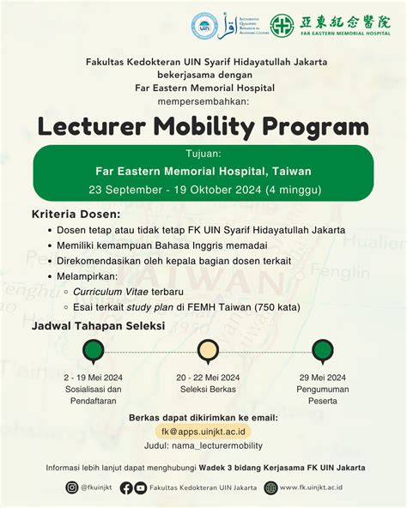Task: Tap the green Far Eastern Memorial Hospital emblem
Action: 282,24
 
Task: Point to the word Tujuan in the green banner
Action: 203,154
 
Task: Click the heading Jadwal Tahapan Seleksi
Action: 98,328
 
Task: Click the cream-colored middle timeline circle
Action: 207,350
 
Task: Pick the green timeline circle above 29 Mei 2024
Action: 323,350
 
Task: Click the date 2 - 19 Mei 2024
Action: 92,377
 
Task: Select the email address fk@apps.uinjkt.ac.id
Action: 203,432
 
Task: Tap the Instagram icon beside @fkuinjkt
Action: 72,487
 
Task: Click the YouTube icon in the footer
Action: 141,487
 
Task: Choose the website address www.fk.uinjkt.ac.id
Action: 323,487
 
